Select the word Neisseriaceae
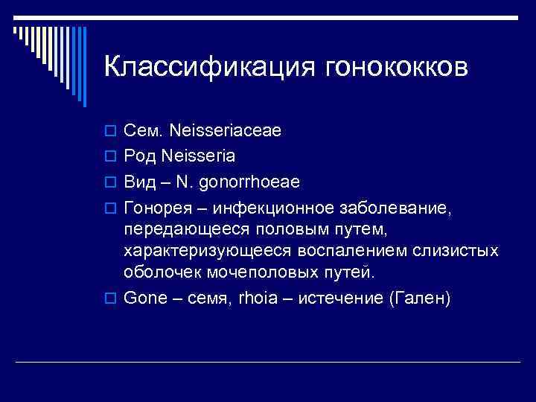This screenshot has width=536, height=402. click(x=226, y=132)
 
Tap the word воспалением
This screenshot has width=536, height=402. click(x=354, y=250)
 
